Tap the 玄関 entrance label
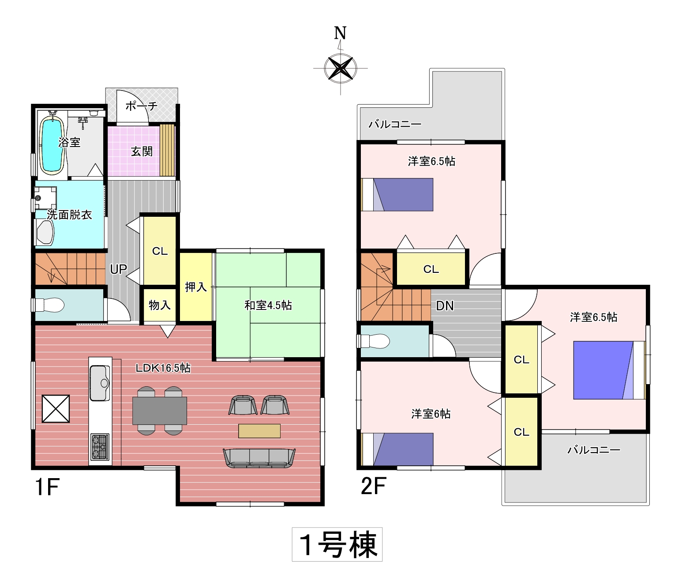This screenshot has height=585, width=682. [x=142, y=151]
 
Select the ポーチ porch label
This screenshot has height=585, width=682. [x=142, y=106]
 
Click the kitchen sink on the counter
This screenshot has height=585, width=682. [x=100, y=383]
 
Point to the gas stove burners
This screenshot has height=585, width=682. [x=100, y=447]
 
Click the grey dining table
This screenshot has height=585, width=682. [x=160, y=411]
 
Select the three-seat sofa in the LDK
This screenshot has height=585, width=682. [x=259, y=458]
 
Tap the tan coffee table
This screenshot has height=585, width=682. [x=259, y=431]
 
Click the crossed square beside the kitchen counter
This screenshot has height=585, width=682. [x=56, y=408]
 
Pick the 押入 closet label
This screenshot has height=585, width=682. [x=196, y=287]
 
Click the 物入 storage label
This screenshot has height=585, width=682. [x=160, y=305]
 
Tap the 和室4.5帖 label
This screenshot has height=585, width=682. [x=268, y=305]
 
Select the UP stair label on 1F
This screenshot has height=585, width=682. [x=119, y=270]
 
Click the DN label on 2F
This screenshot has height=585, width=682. [x=445, y=306]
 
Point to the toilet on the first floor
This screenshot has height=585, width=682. [x=49, y=305]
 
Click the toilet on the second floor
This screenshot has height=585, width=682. [x=375, y=341]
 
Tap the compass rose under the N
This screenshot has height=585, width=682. [x=341, y=68]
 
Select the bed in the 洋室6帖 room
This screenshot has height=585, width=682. [x=397, y=449]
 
